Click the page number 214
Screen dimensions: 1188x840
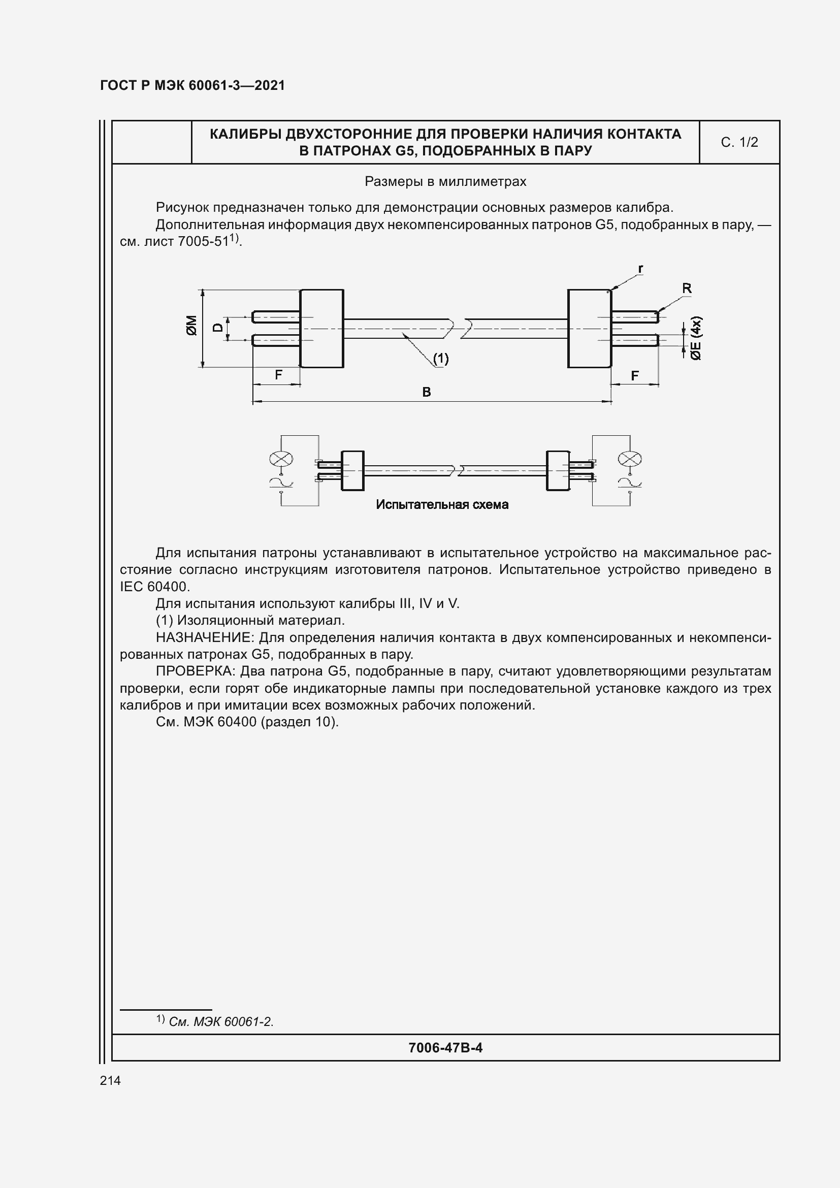[x=110, y=1080]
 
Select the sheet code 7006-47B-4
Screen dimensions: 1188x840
[x=445, y=1048]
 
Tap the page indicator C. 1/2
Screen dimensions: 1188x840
[x=739, y=142]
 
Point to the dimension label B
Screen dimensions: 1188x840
[x=426, y=392]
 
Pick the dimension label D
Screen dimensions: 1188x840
[x=218, y=328]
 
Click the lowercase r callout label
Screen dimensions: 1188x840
[x=640, y=269]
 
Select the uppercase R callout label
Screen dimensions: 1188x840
[x=687, y=288]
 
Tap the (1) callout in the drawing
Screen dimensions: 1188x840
[x=441, y=359]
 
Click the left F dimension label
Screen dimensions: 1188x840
[x=278, y=375]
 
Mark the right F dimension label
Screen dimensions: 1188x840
[x=635, y=376]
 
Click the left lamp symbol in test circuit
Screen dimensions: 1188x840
[x=281, y=459]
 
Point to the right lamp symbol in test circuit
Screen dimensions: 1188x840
[x=630, y=459]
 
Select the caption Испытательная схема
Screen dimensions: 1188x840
[x=442, y=504]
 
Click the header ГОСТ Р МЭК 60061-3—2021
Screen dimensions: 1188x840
[x=192, y=85]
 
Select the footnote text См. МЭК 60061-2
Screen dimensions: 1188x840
[x=221, y=1022]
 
